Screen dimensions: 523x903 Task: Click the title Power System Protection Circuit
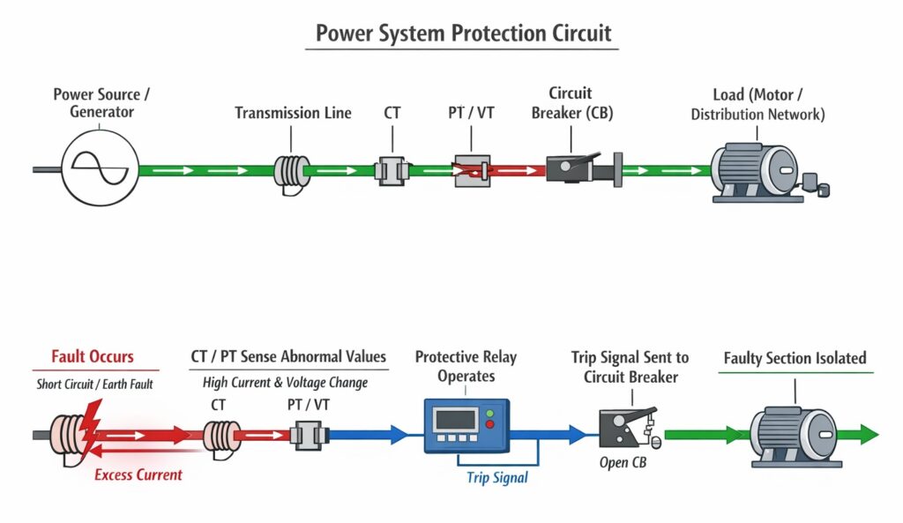pos(462,34)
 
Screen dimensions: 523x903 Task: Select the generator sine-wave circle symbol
pos(98,168)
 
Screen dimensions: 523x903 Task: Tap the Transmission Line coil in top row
pos(292,168)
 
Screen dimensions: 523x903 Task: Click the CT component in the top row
pos(392,168)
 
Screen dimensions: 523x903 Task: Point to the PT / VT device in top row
pos(471,168)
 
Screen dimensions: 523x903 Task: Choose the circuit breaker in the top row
pos(574,167)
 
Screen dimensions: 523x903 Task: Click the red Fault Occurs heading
pos(93,356)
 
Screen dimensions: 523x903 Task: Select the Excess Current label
pos(138,474)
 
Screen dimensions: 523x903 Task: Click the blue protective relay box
pos(466,425)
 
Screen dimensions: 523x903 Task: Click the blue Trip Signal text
pos(496,477)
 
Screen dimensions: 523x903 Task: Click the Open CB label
pos(622,463)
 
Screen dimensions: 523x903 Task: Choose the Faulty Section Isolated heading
pos(795,358)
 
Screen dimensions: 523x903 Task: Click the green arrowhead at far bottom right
pos(869,434)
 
